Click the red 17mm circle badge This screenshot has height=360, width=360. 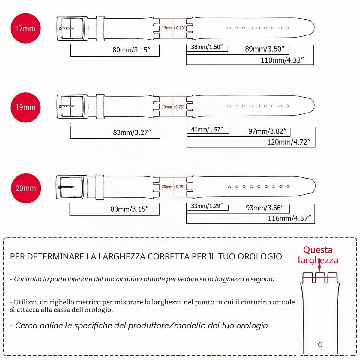tap(25, 28)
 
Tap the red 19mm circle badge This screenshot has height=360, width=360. tap(25, 107)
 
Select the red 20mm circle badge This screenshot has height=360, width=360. tap(26, 188)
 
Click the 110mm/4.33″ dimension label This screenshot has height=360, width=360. tap(282, 60)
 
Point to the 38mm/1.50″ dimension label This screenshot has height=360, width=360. tap(207, 47)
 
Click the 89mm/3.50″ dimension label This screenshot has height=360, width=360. tap(265, 49)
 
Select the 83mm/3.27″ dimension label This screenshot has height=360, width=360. tap(132, 133)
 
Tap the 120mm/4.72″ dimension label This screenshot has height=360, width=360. tap(289, 142)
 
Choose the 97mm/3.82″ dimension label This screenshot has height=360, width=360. tap(267, 131)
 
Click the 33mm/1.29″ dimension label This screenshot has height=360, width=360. tap(207, 206)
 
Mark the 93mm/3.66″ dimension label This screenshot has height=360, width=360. tap(265, 208)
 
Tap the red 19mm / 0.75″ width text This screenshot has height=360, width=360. tap(173, 107)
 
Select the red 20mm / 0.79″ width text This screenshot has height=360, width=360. tap(173, 187)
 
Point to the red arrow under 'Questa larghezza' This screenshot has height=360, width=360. tap(319, 265)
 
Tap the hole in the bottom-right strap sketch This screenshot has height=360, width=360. tap(320, 344)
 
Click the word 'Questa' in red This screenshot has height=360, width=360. tap(318, 250)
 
